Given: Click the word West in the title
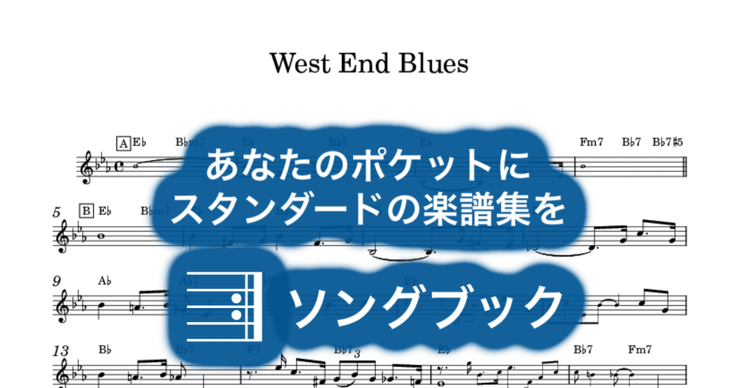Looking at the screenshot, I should [x=300, y=63].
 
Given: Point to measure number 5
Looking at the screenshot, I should [x=57, y=212].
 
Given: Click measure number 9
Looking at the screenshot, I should [x=57, y=281].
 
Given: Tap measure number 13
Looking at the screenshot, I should [x=60, y=351].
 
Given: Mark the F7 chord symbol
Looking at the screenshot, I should [x=254, y=349].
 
